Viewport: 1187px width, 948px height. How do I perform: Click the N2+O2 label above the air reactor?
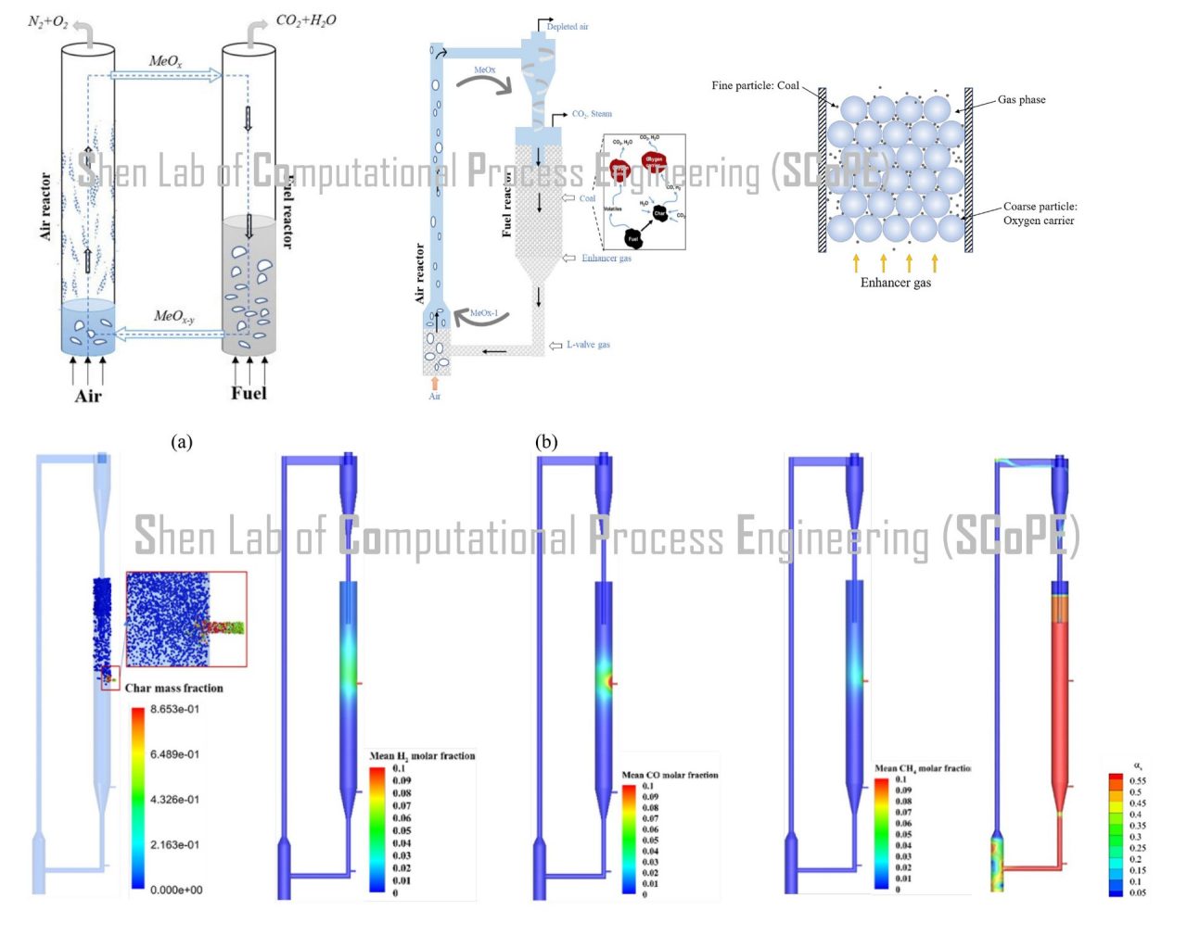(x=48, y=21)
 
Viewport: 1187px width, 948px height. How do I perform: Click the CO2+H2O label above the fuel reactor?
(x=306, y=20)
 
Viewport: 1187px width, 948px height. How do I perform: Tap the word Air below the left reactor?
(x=88, y=397)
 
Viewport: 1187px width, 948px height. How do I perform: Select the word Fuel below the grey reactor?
(x=249, y=393)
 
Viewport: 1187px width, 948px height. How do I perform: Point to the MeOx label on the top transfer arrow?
(x=166, y=61)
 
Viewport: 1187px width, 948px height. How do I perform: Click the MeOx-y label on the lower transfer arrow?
(x=173, y=316)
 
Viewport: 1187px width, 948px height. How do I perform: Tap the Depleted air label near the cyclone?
(x=568, y=27)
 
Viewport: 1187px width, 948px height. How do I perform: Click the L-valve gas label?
(x=588, y=345)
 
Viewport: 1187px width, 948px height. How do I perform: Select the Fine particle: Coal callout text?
(x=755, y=85)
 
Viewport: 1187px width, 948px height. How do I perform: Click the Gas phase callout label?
(x=1021, y=100)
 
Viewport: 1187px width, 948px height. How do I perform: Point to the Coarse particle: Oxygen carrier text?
(x=1040, y=213)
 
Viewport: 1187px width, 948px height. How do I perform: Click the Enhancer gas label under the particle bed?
(x=895, y=283)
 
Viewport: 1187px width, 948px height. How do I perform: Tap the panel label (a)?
(x=182, y=442)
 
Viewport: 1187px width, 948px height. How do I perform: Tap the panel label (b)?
(x=546, y=442)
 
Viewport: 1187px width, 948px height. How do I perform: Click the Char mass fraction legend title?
(x=174, y=689)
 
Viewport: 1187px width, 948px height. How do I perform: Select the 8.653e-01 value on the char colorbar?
(x=174, y=710)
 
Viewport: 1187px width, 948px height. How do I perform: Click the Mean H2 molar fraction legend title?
(x=422, y=756)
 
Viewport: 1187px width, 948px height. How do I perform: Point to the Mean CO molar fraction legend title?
(x=670, y=775)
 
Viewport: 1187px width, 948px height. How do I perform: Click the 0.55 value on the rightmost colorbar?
(x=1137, y=781)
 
